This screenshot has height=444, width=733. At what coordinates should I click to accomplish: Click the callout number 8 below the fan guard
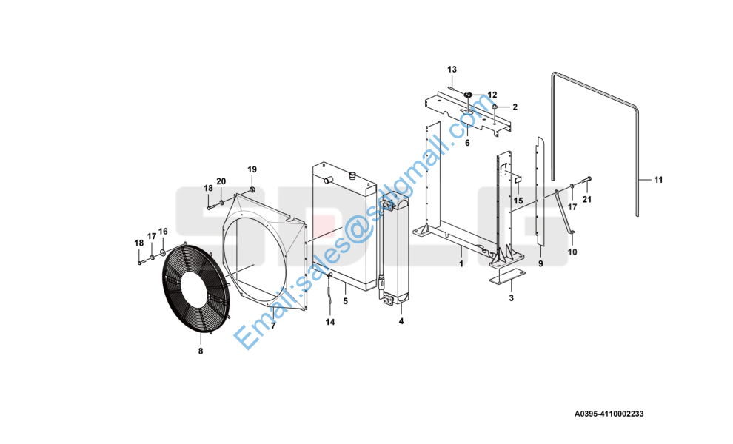coord(201,351)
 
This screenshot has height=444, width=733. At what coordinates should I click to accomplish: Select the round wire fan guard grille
coord(196,289)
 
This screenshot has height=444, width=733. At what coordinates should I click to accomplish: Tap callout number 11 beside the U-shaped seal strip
coord(658,180)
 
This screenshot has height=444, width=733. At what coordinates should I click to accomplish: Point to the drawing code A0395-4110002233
coord(609,414)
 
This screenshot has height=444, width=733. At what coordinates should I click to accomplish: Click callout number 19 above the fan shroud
coord(252,169)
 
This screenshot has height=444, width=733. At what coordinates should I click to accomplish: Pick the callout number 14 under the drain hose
coord(330,322)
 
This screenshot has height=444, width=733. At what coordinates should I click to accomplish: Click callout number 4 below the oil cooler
coord(401,321)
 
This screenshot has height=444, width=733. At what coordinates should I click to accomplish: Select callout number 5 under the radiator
coord(346,301)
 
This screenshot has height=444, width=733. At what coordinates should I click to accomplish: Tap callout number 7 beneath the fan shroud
coord(273,326)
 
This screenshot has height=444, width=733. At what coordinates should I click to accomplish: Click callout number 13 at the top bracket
coord(452,70)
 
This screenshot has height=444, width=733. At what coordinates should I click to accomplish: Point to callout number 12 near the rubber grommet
coord(492,95)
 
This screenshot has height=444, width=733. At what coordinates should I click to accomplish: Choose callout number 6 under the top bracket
coord(467,143)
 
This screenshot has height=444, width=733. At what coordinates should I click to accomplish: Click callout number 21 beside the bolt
coord(586,200)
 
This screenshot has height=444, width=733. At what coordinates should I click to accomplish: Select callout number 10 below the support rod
coord(572,252)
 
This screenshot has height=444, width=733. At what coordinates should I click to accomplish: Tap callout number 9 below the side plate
coord(540,263)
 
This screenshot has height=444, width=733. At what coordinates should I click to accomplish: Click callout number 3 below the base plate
coord(511,297)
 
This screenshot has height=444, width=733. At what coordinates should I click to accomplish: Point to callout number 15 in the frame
coord(518,201)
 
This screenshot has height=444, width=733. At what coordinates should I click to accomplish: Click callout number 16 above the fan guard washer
coord(163,232)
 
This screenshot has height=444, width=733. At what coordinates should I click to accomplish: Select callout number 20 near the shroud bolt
coord(221,181)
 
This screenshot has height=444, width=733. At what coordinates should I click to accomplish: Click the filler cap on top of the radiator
coord(352,175)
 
